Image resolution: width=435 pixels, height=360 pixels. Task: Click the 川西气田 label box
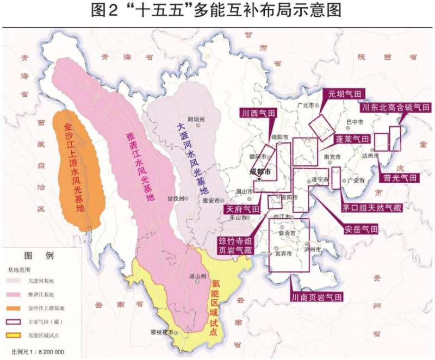coord(258,113)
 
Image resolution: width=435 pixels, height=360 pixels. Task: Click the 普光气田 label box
coord(399,178)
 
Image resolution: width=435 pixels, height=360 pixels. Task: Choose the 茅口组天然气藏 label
coord(371,208)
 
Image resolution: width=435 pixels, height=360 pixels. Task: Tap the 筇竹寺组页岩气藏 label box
coord(235,245)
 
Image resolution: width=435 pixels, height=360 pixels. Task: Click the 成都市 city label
coord(260,172)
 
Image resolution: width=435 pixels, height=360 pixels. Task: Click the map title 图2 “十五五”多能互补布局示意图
coord(217,11)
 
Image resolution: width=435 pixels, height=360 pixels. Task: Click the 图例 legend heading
coord(39,256)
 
